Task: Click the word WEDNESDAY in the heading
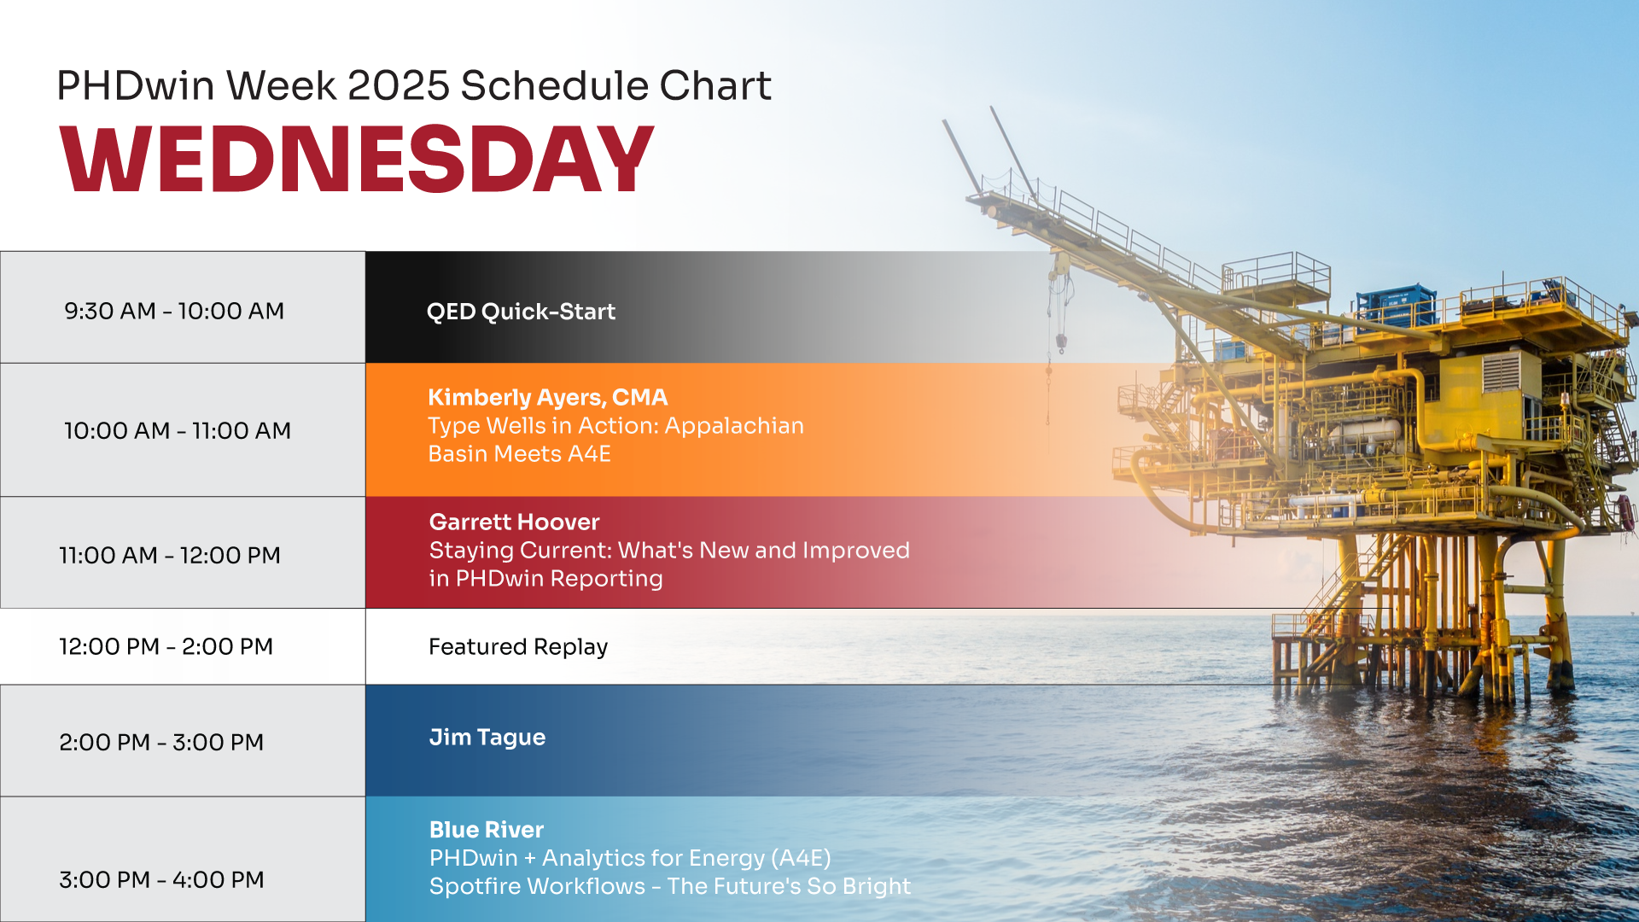pos(357,159)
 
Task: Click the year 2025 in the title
pos(399,85)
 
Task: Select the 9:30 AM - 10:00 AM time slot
pos(174,311)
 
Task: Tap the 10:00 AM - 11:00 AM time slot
pos(178,430)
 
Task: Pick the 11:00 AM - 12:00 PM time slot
pos(170,555)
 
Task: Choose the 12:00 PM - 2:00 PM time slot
pos(166,646)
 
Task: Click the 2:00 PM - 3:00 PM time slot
pos(161,742)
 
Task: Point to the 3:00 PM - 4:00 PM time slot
pos(161,879)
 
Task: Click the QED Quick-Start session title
pos(521,312)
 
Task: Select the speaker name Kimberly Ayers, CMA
pos(548,398)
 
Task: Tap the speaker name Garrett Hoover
pos(514,522)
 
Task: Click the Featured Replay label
pos(518,647)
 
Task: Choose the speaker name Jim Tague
pos(487,738)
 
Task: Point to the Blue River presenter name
pos(487,830)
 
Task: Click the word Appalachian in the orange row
pos(734,426)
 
